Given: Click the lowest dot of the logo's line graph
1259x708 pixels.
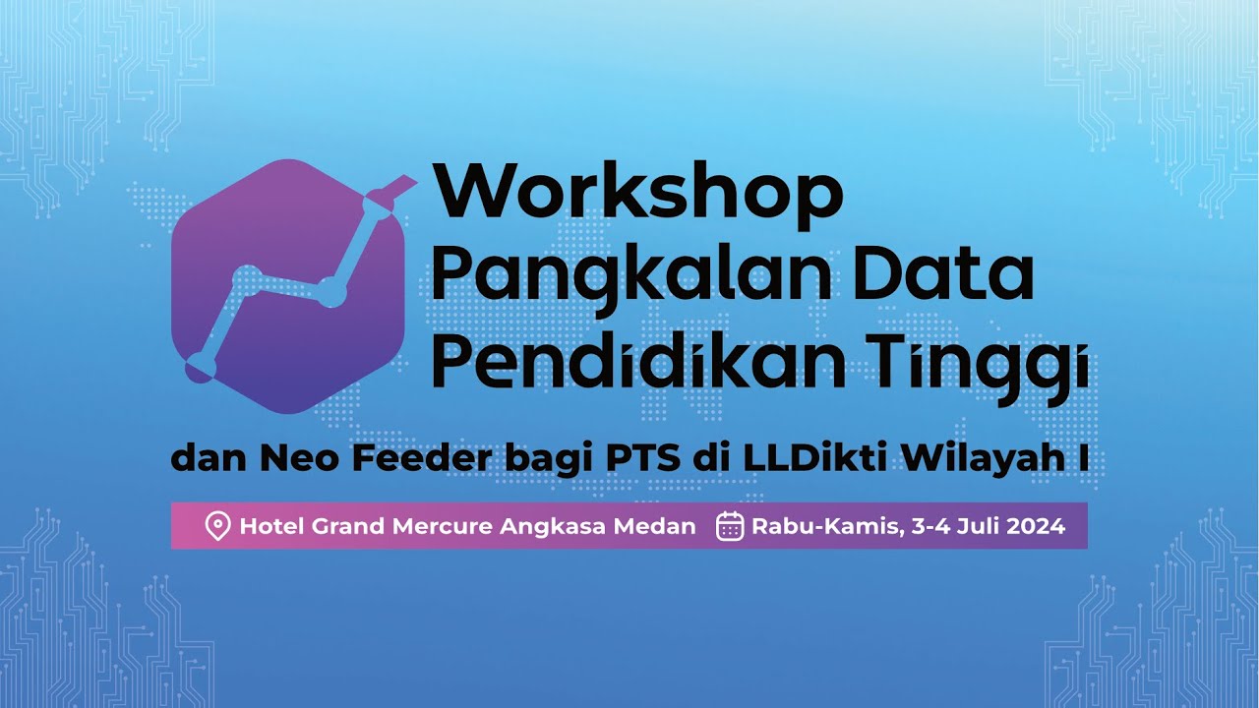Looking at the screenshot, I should pyautogui.click(x=201, y=365).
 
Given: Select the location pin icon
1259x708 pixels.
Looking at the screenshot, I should pyautogui.click(x=217, y=526).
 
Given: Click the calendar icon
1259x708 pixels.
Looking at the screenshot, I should pyautogui.click(x=730, y=526).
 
